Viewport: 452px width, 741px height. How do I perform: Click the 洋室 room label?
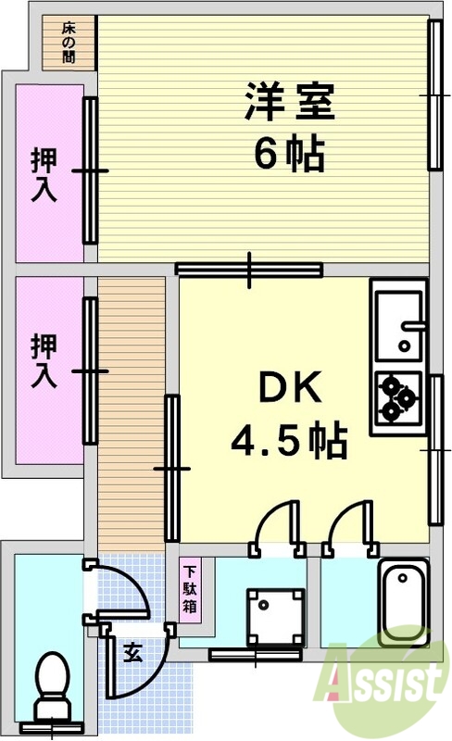pos(289,102)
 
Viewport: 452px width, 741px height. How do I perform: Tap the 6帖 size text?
pos(289,155)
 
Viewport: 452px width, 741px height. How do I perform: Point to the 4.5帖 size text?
pos(289,442)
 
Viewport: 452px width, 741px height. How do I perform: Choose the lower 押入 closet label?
pos(44,361)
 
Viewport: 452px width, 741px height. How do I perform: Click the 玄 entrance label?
pos(132,653)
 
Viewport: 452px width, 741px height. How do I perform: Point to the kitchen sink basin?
pos(399,325)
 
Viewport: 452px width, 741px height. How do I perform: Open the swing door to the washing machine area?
pos(278,528)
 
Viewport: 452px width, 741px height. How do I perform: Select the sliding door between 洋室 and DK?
pos(249,270)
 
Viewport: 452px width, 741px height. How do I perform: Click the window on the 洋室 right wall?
pos(435,95)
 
